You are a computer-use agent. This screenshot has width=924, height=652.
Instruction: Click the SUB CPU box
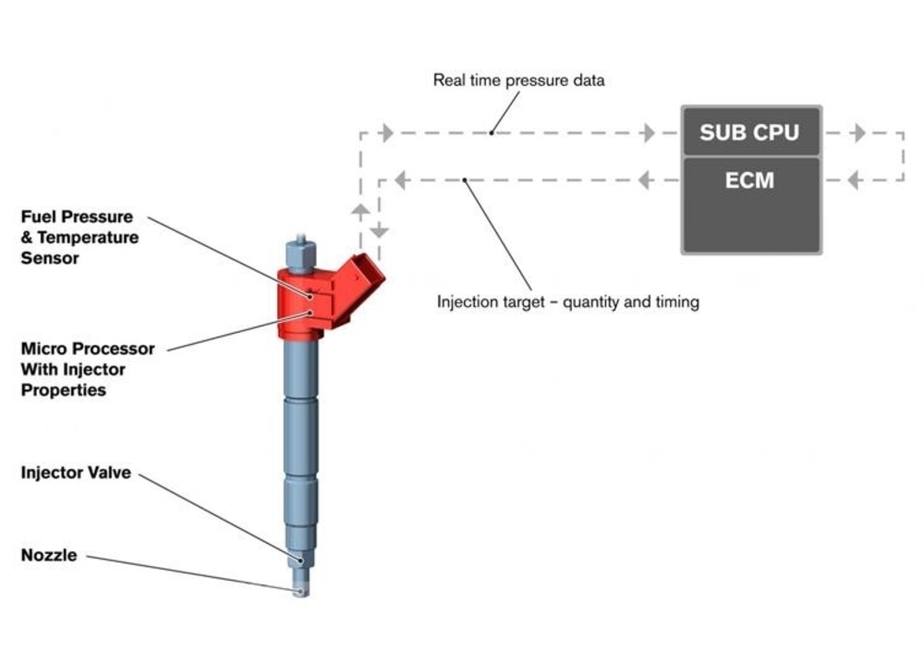coord(750,131)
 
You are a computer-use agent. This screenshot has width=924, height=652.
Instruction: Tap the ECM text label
coord(749,180)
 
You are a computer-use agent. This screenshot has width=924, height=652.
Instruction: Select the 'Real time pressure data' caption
coord(518,80)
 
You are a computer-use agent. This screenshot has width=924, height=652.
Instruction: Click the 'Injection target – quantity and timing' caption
coord(568,302)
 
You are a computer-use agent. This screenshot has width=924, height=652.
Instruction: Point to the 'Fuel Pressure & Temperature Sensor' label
coord(79,237)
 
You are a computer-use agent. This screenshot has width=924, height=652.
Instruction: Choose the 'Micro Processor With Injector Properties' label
coord(88,369)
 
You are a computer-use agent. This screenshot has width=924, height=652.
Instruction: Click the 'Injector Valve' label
coord(76,473)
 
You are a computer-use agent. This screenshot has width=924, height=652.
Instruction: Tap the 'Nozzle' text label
coord(49,555)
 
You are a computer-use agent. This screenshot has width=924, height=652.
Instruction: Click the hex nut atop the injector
coord(300,253)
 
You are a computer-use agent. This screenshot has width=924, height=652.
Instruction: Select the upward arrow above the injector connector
coord(360,211)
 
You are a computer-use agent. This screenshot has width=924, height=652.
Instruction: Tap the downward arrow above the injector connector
coord(379,230)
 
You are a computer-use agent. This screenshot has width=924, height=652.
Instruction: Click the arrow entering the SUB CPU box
coord(649,133)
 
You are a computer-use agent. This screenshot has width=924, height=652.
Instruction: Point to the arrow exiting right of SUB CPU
coord(859,133)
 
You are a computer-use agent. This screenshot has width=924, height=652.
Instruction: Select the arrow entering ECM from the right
coord(854,180)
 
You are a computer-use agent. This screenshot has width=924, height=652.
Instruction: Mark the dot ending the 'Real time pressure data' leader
coord(492,133)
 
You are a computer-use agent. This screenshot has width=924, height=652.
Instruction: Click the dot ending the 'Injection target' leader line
coord(465,180)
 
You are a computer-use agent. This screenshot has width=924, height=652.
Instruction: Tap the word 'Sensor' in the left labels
coord(50,258)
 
